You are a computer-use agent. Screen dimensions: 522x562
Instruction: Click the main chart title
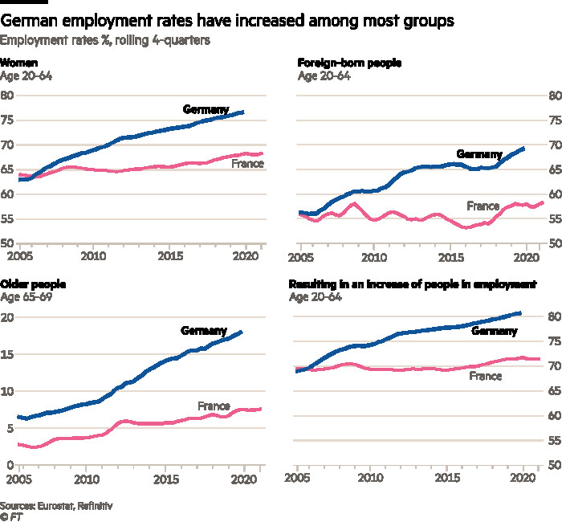pos(227,21)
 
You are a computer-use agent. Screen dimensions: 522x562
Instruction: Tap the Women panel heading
pos(18,62)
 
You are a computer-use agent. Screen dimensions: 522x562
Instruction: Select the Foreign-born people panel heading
pos(349,62)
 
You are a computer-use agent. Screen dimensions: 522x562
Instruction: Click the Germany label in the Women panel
pos(206,109)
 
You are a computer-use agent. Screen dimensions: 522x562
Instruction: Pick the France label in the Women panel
pos(247,164)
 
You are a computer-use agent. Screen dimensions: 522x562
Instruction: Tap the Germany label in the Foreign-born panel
pos(479,154)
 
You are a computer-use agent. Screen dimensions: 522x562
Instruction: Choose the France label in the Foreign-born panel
pos(483,206)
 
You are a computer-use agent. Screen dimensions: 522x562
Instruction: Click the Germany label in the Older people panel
pos(204,331)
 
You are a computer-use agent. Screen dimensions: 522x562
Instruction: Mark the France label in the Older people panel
pos(214,406)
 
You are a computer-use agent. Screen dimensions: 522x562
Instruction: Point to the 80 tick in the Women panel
pos(8,96)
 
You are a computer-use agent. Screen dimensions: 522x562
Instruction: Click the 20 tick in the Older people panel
pos(8,317)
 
